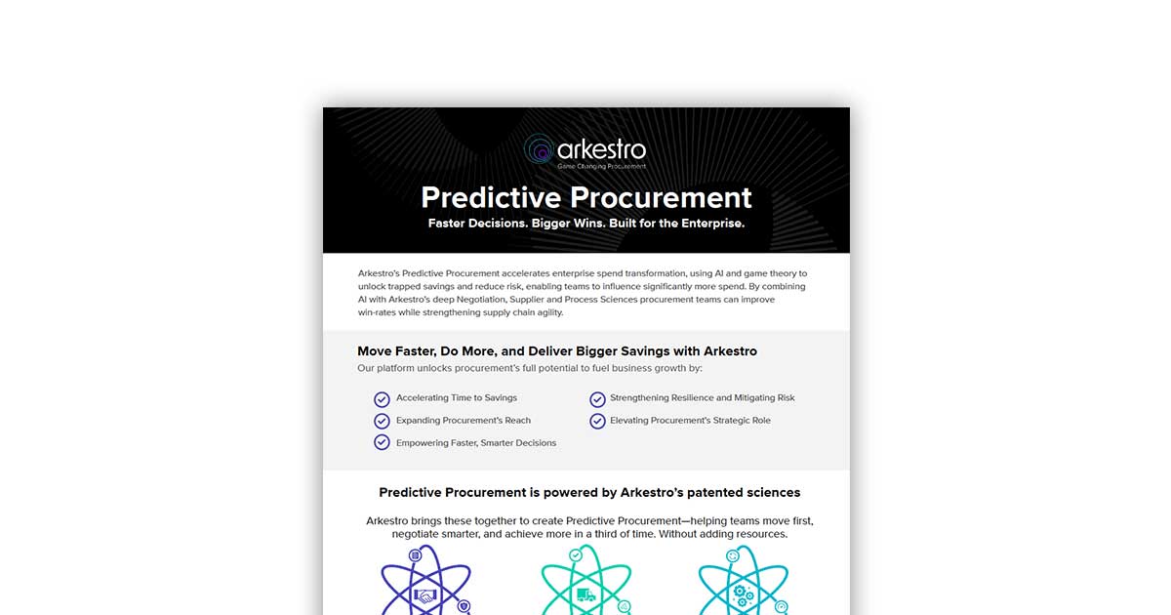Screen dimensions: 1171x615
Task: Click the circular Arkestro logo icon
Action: [x=539, y=149]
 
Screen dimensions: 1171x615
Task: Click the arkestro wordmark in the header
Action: [x=602, y=149]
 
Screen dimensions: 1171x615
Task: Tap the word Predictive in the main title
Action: [x=491, y=197]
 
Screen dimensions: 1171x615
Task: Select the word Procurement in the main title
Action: [x=661, y=197]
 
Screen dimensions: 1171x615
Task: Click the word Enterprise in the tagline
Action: [x=712, y=224]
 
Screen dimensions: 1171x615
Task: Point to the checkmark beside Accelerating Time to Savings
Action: [x=382, y=399]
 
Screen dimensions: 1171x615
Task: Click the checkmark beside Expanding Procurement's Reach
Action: [x=382, y=421]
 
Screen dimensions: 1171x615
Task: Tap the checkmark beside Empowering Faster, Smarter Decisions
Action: [x=382, y=442]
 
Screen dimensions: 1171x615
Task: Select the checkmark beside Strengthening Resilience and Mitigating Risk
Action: [x=597, y=399]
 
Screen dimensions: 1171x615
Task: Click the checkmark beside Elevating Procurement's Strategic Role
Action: [x=597, y=421]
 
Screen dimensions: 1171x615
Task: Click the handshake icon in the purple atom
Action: [x=425, y=595]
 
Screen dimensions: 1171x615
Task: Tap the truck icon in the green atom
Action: [x=586, y=595]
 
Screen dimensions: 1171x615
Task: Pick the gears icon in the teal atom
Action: [x=743, y=595]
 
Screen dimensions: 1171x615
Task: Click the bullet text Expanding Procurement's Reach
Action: [x=464, y=421]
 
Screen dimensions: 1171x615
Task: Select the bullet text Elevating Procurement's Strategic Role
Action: [x=690, y=421]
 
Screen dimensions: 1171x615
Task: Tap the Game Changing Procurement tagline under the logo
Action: [x=602, y=166]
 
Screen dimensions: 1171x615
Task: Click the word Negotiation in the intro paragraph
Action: [x=481, y=300]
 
